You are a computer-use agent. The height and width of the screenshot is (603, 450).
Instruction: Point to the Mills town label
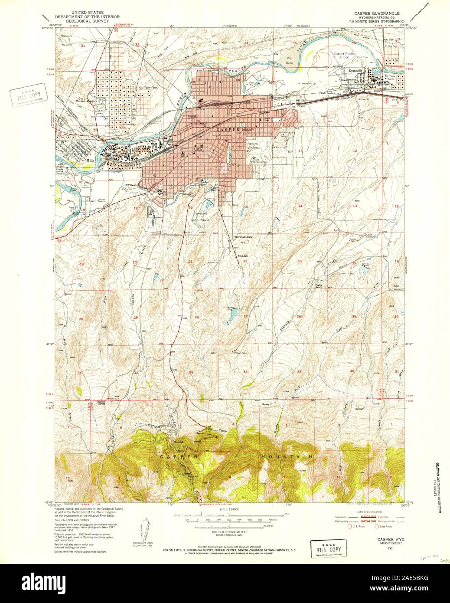pos(90,160)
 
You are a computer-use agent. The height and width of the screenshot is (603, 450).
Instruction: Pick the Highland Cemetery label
pos(256,144)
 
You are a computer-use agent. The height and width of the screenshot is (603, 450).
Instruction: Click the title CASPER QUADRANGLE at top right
pos(376,13)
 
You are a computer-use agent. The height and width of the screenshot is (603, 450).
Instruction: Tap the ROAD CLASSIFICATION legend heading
pos(369,512)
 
